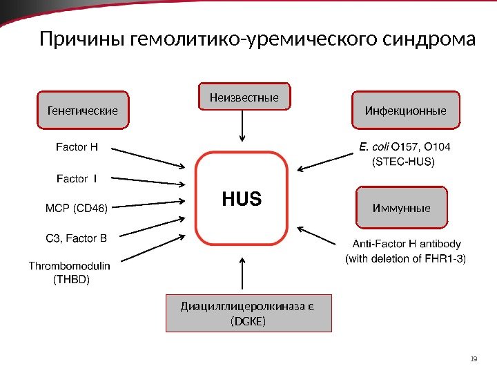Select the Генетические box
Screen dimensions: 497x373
[x=82, y=110]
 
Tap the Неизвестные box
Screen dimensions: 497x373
[x=244, y=98]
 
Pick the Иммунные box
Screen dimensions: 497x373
[x=401, y=207]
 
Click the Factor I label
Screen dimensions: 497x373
[x=76, y=180]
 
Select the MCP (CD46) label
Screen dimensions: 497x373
[x=75, y=207]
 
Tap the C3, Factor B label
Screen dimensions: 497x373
[x=76, y=239]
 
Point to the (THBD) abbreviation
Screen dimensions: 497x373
[x=71, y=279]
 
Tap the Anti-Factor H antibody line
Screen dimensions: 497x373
[x=407, y=245]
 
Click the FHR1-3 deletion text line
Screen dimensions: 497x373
[x=405, y=259]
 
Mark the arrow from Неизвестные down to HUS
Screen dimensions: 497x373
[x=242, y=126]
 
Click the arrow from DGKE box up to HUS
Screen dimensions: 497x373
[x=242, y=273]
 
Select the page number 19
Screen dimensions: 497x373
[x=473, y=358]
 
